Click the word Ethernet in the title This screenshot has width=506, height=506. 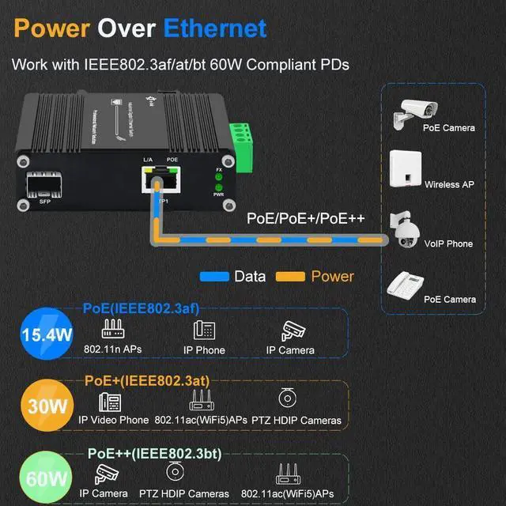coord(215,28)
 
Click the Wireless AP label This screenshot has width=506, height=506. coord(448,185)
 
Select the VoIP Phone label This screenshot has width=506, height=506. coord(448,244)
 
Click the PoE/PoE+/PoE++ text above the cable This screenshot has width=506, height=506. coord(305,217)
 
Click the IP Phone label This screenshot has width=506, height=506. coord(204,350)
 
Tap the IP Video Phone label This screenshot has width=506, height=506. coord(114,420)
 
